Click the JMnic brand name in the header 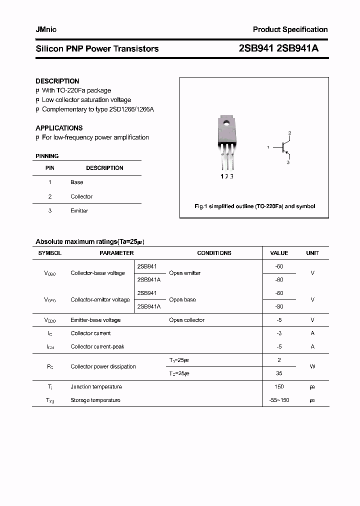click(46, 29)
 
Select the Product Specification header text click(290, 29)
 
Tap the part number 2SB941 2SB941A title click(279, 48)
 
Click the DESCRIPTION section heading click(57, 81)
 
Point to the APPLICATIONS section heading click(59, 128)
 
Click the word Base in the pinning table click(76, 182)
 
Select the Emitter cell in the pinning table click(79, 211)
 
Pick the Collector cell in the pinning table click(81, 196)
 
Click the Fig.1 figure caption click(254, 206)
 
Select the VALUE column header click(279, 253)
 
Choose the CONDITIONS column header click(214, 253)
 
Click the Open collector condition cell click(186, 320)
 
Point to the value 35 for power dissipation click(279, 373)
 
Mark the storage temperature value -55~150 click(279, 400)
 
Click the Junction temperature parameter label click(96, 386)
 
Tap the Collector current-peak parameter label click(97, 346)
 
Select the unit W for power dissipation click(312, 366)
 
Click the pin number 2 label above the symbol click(289, 133)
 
